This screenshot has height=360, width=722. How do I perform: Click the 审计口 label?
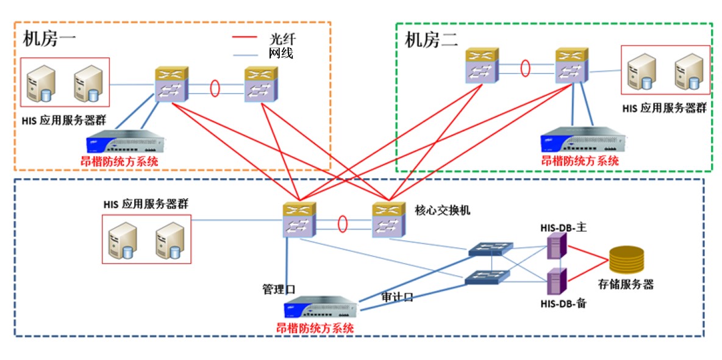[x=398, y=297]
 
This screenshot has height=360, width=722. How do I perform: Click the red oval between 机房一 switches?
[x=215, y=88]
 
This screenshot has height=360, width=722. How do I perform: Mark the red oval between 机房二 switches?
[x=525, y=68]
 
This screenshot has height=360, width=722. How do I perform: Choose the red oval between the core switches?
[x=343, y=223]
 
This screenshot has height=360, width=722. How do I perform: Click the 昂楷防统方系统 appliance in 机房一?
[x=126, y=144]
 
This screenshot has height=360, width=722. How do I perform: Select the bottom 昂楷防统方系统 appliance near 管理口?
[x=321, y=309]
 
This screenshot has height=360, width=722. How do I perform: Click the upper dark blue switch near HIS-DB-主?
[x=491, y=248]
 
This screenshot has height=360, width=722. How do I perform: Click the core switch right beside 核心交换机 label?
[x=388, y=220]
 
